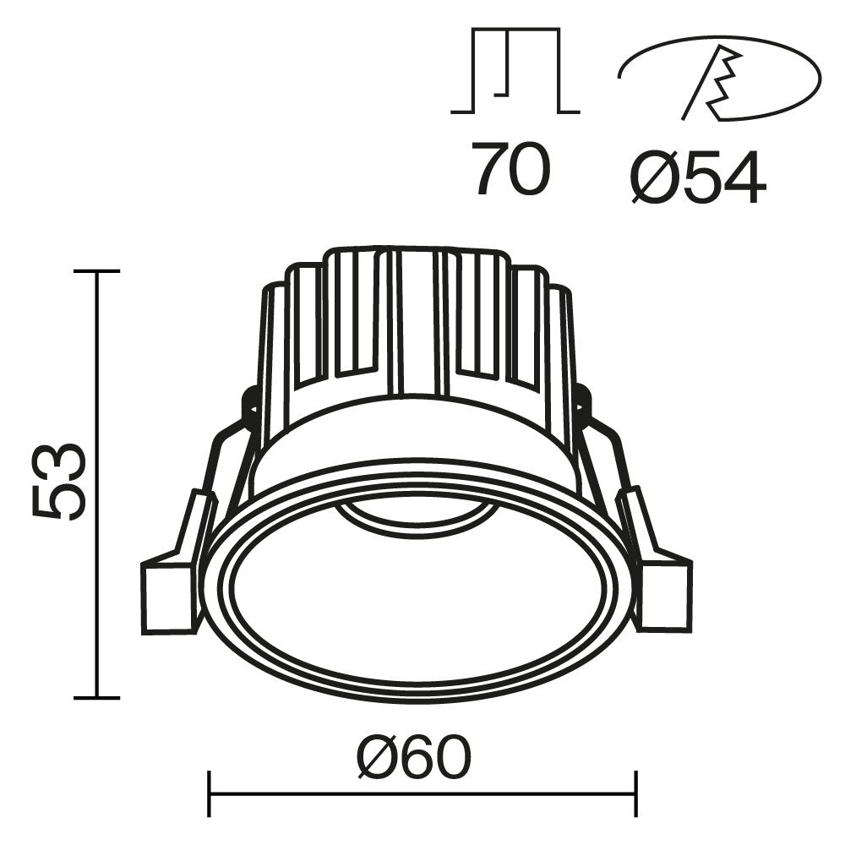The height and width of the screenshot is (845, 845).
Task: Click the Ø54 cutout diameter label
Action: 698,178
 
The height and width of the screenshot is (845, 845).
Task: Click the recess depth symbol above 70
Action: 515,72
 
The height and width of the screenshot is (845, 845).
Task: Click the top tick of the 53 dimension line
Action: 96,271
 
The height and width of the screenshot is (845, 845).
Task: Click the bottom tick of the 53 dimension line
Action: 96,698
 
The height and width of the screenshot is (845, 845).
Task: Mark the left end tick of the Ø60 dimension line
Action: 209,794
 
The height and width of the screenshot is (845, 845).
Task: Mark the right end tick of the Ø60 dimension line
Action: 635,794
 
